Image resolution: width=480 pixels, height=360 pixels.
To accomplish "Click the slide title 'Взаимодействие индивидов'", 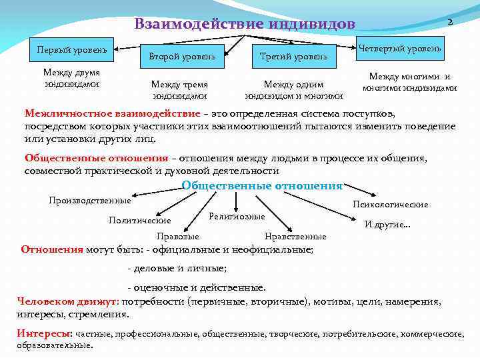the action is [244, 25].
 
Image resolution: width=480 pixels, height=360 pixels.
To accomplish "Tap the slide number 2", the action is [450, 22].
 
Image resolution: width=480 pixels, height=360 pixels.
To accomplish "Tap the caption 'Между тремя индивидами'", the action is [179, 90].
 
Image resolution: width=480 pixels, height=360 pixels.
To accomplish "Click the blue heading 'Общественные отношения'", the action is [262, 186].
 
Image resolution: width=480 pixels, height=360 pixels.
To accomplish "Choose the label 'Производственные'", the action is [90, 201].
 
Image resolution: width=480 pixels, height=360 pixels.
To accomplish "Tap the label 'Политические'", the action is [140, 220].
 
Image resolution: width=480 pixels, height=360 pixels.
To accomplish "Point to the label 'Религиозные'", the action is [237, 217].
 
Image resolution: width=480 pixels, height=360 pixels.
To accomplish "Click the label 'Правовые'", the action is [177, 236].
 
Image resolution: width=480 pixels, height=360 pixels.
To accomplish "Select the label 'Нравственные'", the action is [295, 236].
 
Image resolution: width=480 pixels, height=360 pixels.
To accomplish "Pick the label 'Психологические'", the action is [391, 205].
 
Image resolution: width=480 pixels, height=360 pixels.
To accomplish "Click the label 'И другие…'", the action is [387, 225].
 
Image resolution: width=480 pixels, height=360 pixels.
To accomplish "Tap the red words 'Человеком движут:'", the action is [66, 301].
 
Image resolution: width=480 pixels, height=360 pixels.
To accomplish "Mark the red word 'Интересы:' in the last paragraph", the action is [44, 333].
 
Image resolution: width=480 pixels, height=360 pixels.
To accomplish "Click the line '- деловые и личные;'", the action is [177, 268].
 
